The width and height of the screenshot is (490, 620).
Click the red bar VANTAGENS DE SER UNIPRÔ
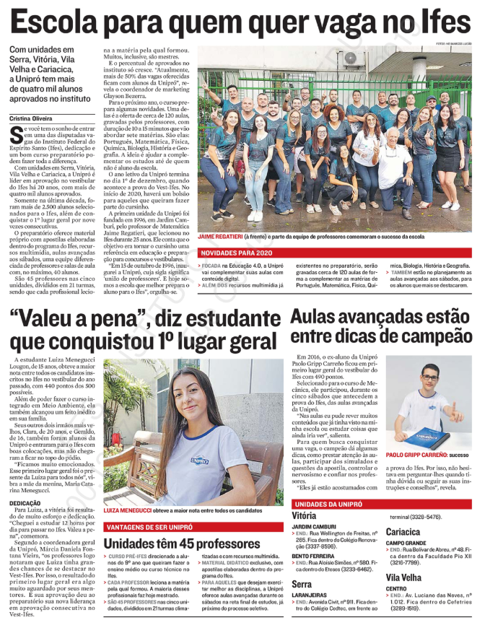(x=149, y=527)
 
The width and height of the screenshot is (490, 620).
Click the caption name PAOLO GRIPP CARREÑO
(x=419, y=456)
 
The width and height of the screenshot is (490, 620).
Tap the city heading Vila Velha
(x=407, y=577)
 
